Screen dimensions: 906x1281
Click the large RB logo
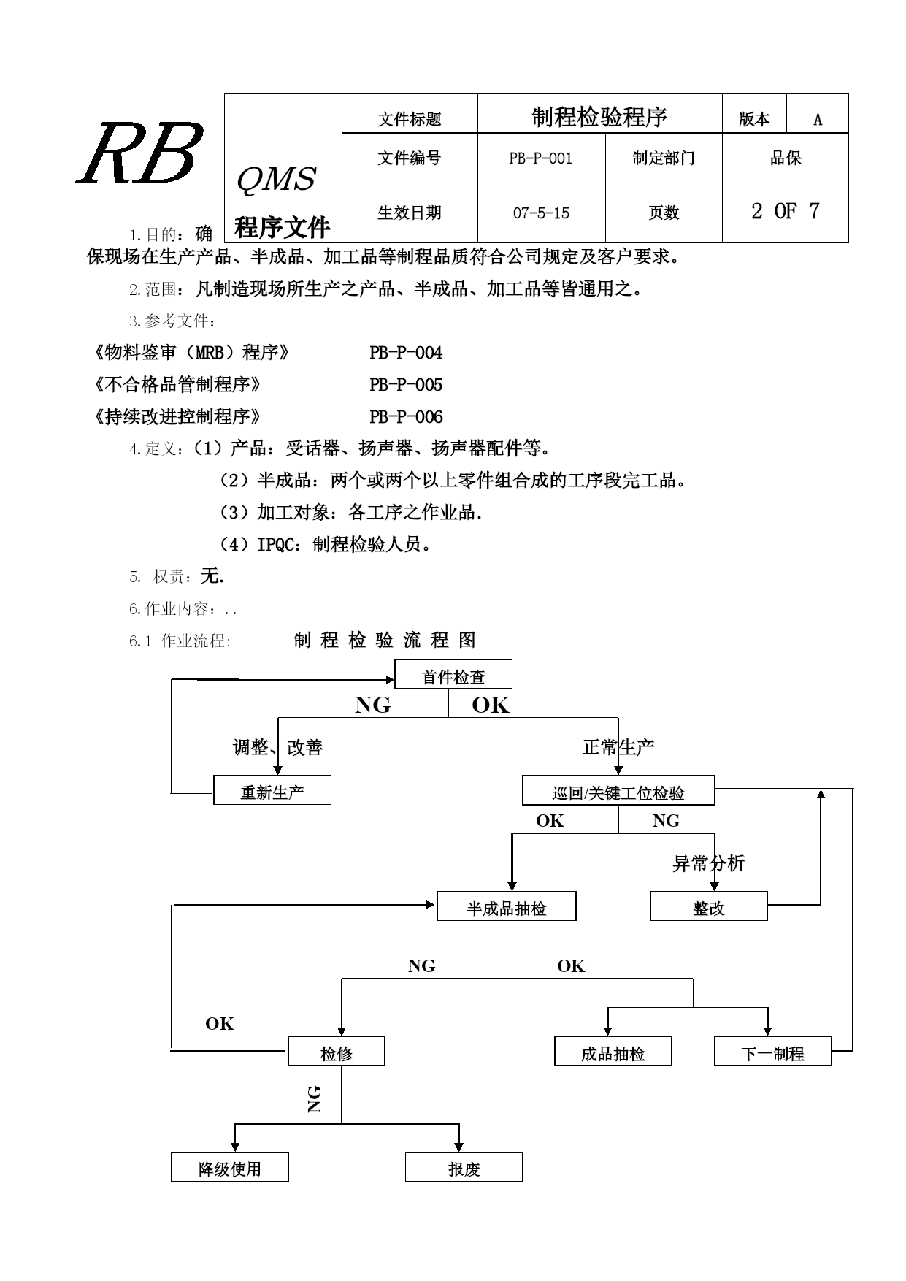(140, 153)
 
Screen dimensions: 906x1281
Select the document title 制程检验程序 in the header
(599, 117)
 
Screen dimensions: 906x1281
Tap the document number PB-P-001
(541, 158)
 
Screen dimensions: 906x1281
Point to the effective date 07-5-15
(541, 213)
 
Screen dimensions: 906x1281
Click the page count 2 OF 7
(786, 212)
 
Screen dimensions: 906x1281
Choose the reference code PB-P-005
(406, 385)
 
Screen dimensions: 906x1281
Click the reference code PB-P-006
(406, 417)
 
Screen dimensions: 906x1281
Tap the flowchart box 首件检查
(453, 674)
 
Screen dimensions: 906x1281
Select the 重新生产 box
(272, 790)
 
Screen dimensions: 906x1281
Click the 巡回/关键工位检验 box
(618, 790)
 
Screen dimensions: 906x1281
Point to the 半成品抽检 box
(507, 906)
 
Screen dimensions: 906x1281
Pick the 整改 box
(709, 906)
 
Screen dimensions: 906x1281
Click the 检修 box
(336, 1051)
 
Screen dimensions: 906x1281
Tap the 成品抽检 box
(613, 1051)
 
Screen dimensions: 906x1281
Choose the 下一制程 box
(773, 1051)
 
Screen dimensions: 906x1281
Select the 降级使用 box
(230, 1167)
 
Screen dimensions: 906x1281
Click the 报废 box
(464, 1167)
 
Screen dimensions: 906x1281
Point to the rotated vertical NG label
(315, 1098)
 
